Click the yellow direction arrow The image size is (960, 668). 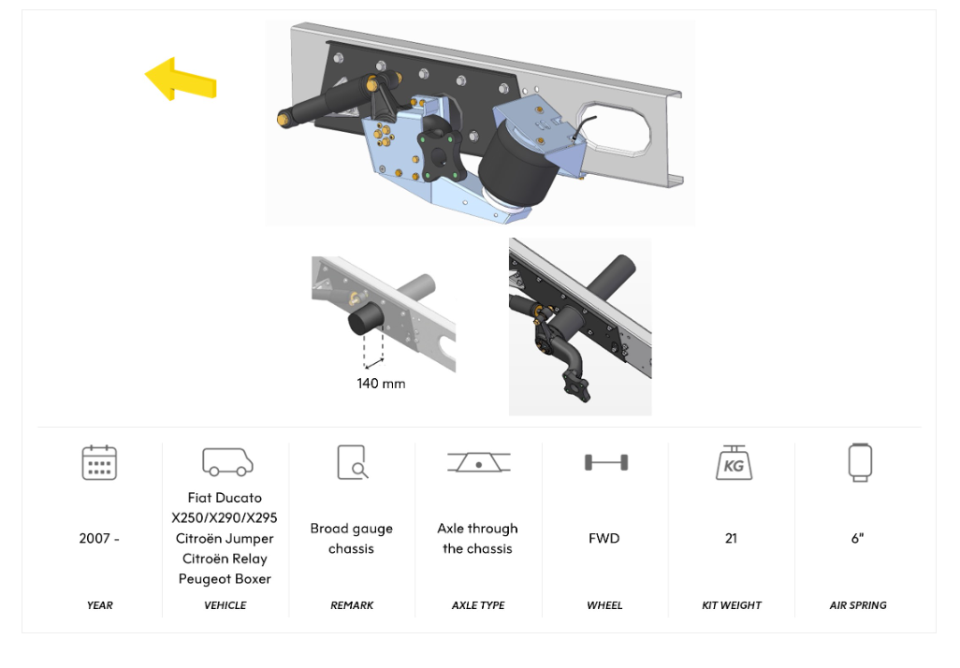coord(180,80)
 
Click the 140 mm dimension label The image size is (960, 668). coord(381,384)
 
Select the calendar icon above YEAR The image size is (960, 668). coord(99,463)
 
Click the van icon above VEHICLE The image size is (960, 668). coord(226,462)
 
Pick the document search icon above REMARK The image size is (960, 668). coord(352,462)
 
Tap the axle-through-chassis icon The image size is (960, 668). coord(478,462)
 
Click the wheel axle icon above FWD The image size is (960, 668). coord(605,462)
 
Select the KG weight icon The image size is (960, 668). coord(733,463)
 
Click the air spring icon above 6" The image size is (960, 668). coord(859,462)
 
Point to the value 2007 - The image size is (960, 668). coord(99,539)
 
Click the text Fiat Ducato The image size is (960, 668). coord(225,498)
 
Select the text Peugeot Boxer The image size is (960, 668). coord(225,579)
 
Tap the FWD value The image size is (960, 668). coord(604,539)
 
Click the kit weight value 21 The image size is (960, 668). coord(731,539)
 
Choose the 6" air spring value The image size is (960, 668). coord(858,539)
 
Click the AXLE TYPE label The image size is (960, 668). coord(478,605)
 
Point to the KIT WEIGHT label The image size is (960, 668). coord(731,605)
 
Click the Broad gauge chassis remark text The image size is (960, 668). coord(352,539)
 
